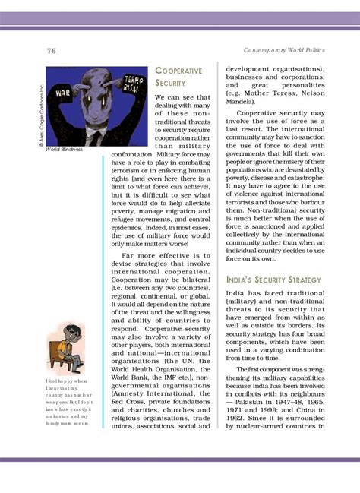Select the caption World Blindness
(64, 150)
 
